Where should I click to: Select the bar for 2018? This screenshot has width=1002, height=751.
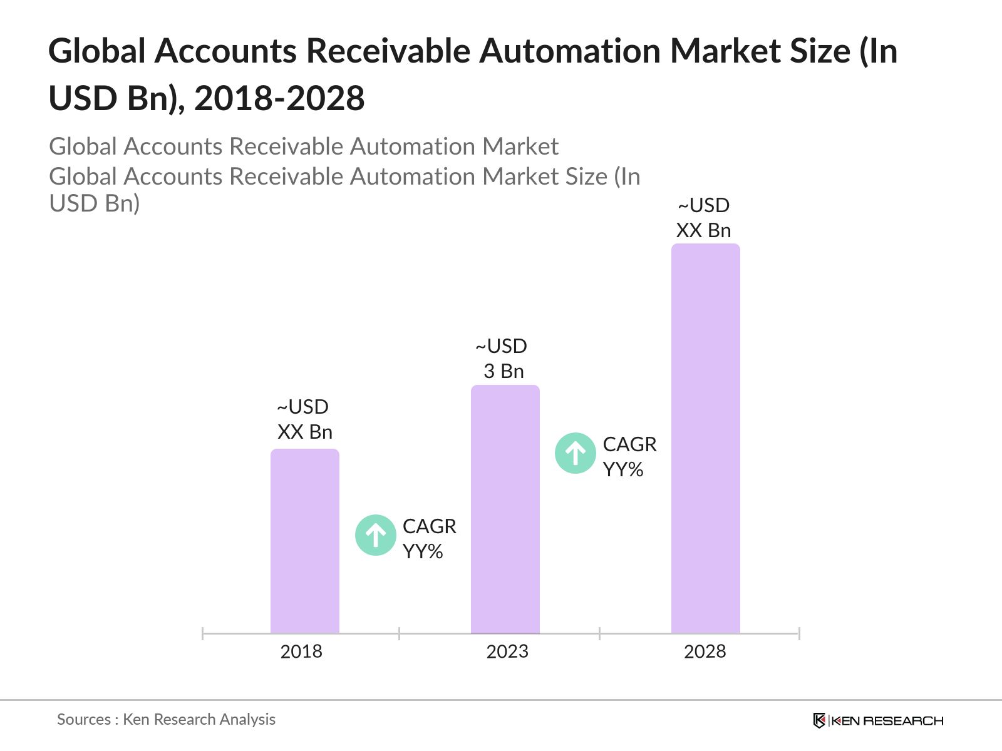coord(305,541)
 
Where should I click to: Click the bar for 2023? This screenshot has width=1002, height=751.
coord(505,509)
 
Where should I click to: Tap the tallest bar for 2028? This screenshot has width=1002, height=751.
coord(706,438)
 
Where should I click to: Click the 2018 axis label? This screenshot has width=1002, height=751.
coord(301,651)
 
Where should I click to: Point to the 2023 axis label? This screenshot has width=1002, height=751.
coord(507,651)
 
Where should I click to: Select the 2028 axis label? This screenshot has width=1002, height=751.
coord(705,651)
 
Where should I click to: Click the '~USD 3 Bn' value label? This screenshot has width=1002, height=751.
coord(502,359)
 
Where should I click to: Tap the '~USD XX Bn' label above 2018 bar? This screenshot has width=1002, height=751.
coord(304,419)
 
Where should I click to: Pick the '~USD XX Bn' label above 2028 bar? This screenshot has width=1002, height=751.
coord(704,218)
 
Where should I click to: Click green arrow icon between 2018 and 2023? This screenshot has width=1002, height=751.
coord(376,535)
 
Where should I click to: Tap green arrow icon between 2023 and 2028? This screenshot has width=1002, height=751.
coord(576,453)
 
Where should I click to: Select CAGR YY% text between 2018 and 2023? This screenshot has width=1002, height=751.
coord(429,539)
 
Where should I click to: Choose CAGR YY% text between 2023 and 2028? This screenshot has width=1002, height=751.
coord(629,457)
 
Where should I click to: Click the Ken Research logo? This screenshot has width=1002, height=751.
coord(878,720)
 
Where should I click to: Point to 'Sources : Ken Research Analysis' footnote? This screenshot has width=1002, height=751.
coord(167,719)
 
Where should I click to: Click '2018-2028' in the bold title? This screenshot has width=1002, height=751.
coord(279,98)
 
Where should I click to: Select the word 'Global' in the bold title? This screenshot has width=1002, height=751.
coord(97,51)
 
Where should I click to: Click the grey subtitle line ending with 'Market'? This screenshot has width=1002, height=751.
coord(304,146)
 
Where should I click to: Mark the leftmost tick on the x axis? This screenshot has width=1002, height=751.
coord(203,633)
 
